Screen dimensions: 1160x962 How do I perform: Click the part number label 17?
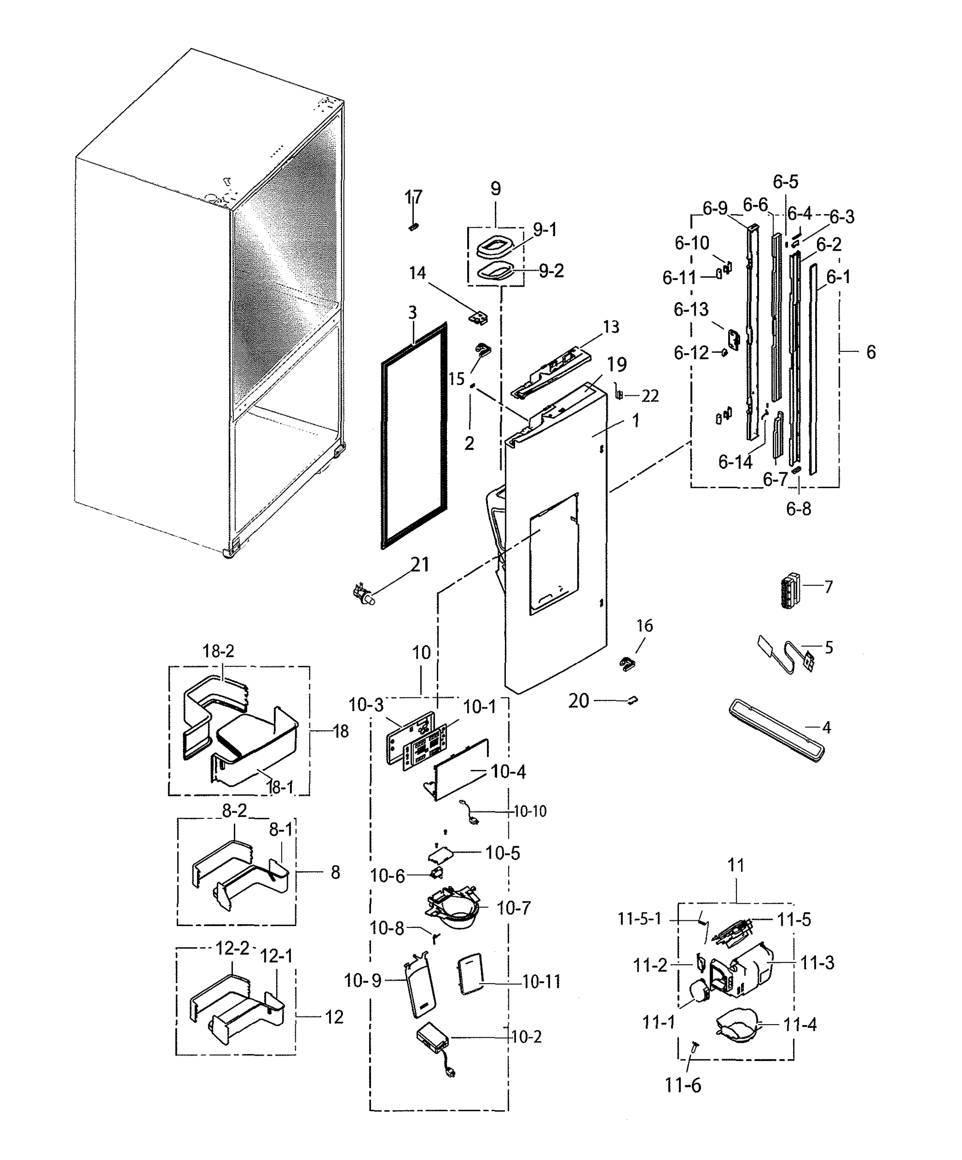[413, 197]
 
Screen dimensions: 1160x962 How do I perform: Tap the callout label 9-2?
[551, 271]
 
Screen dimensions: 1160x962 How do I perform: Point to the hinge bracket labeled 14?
[478, 318]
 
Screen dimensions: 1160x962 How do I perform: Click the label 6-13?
[691, 309]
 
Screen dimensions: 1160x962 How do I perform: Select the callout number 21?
[420, 565]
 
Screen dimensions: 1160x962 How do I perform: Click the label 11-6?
[683, 1086]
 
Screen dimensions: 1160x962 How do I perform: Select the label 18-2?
[218, 651]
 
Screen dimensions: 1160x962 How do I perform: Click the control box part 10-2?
[433, 1040]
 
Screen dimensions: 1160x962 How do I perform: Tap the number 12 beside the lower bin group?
[334, 1016]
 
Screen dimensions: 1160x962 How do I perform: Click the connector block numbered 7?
[789, 590]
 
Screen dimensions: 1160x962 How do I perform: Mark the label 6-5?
[785, 182]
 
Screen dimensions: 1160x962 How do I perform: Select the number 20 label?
[579, 701]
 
